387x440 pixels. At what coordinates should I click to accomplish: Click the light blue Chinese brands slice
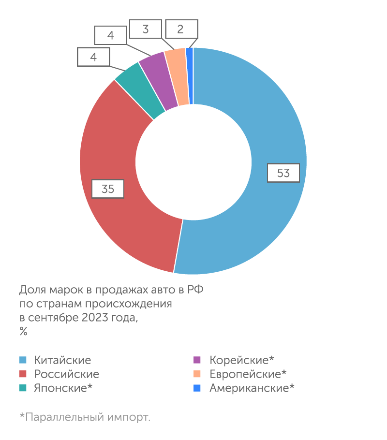pyautogui.click(x=261, y=121)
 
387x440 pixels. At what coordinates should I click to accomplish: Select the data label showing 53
pyautogui.click(x=283, y=173)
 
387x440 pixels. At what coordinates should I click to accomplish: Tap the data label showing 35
pyautogui.click(x=108, y=189)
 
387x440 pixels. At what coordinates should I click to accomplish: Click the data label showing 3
pyautogui.click(x=145, y=29)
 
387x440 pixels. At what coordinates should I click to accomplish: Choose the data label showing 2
pyautogui.click(x=180, y=29)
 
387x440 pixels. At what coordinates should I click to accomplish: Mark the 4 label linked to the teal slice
pyautogui.click(x=93, y=57)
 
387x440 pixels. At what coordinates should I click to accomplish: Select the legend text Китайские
pyautogui.click(x=62, y=360)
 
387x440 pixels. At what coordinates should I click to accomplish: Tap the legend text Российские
pyautogui.click(x=66, y=374)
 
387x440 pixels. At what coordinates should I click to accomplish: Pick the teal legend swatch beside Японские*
pyautogui.click(x=22, y=388)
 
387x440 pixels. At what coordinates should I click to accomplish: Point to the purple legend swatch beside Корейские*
pyautogui.click(x=197, y=360)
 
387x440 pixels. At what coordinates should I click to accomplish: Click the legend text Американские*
pyautogui.click(x=252, y=388)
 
